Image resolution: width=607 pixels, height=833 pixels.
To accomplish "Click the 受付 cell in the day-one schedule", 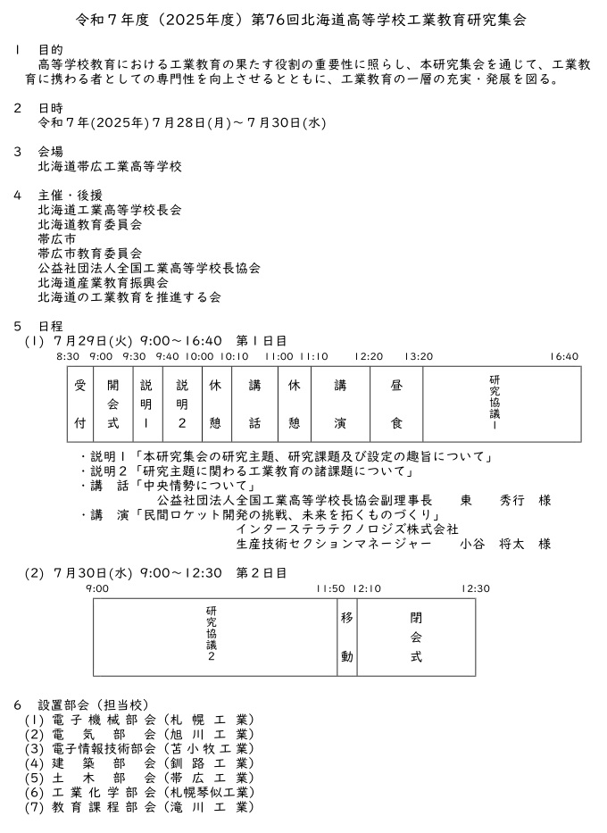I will pyautogui.click(x=80, y=404).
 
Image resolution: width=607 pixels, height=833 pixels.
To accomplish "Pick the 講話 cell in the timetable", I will pyautogui.click(x=254, y=404).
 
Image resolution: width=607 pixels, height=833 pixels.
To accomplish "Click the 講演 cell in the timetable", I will pyautogui.click(x=340, y=404).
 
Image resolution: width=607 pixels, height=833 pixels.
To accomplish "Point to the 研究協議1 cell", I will pyautogui.click(x=495, y=404).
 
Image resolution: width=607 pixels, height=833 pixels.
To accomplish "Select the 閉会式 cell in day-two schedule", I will pyautogui.click(x=416, y=637).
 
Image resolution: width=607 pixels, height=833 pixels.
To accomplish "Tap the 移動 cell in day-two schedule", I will pyautogui.click(x=346, y=637).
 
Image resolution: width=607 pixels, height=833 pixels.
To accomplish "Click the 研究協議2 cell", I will pyautogui.click(x=212, y=637).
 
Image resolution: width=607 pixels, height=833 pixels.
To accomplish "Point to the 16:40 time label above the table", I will pyautogui.click(x=564, y=356).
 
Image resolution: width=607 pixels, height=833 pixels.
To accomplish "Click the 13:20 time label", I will pyautogui.click(x=419, y=356).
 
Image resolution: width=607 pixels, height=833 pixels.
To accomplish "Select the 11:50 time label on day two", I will pyautogui.click(x=329, y=588).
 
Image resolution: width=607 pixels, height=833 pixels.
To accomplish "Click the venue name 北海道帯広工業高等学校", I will pyautogui.click(x=110, y=167).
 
